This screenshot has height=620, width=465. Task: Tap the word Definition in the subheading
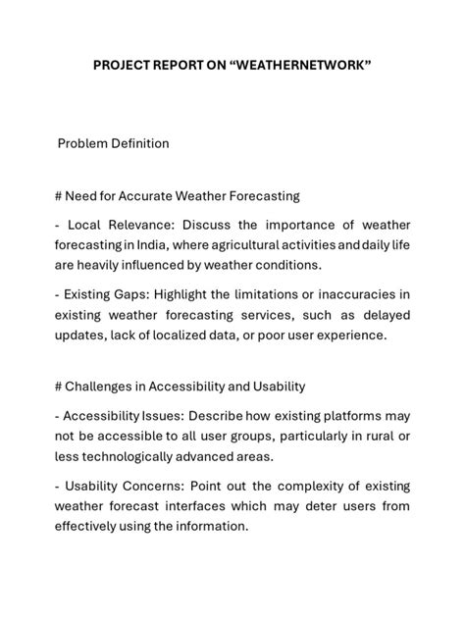pyautogui.click(x=138, y=143)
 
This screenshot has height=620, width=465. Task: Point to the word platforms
pyautogui.click(x=354, y=414)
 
